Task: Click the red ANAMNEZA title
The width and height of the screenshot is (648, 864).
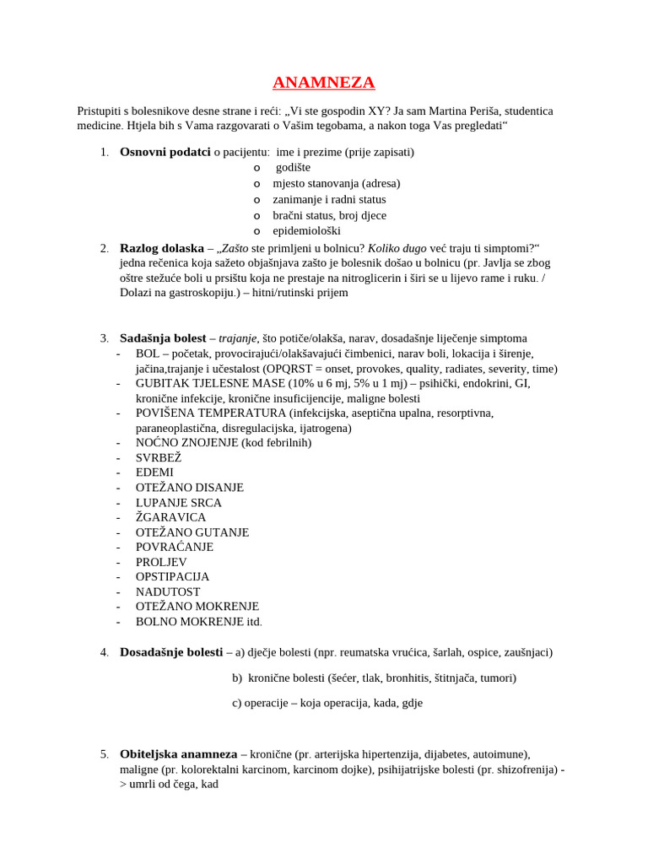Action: point(324,83)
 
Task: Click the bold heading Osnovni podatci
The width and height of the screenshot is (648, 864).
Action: point(165,152)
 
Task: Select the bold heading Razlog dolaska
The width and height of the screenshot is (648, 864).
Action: point(162,248)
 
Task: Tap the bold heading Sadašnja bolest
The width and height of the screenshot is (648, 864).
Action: point(163,337)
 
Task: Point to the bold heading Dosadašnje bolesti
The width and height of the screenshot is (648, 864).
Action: point(171,652)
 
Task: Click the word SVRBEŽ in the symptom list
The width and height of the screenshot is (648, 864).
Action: point(159,457)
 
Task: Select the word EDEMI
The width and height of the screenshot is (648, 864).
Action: point(154,472)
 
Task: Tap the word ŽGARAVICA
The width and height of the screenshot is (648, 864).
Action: point(170,517)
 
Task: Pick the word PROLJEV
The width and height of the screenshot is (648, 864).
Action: point(161,562)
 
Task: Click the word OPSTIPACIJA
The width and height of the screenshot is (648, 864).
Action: point(172,577)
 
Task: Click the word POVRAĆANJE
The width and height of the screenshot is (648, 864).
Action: point(175,547)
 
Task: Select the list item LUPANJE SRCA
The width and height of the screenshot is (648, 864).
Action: point(179,502)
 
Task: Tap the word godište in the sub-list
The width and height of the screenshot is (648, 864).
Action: point(293,168)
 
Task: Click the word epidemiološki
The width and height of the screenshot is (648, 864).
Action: point(306,230)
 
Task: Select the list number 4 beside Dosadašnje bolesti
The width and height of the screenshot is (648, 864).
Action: point(104,652)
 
